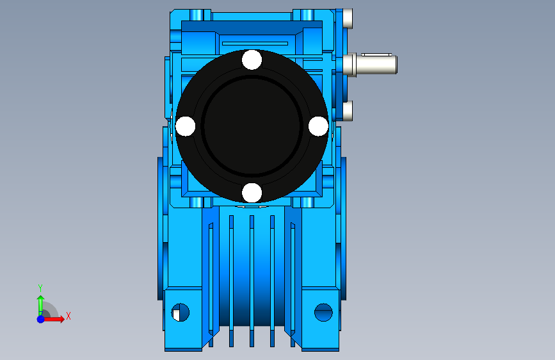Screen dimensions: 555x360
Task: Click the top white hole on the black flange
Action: point(252,60)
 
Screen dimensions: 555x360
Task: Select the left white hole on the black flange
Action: point(185,126)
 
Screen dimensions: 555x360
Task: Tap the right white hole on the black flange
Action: point(318,126)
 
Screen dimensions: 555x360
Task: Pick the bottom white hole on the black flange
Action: point(252,193)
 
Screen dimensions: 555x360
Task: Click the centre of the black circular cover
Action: point(252,126)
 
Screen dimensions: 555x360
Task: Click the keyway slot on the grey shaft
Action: point(376,54)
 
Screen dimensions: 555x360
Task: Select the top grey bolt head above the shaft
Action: point(348,19)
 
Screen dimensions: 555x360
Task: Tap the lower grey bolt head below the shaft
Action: point(348,111)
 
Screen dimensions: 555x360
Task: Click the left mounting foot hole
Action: point(181,313)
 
